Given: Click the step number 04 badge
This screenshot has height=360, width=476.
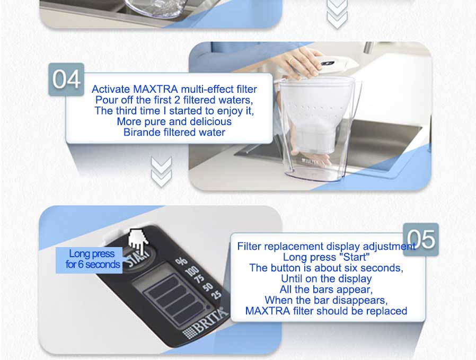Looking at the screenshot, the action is (66, 79).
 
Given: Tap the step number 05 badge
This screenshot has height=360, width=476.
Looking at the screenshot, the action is (421, 240).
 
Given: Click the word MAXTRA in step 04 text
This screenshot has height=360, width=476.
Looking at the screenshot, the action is (155, 89).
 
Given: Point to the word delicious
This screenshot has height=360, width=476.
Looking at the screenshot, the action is (209, 121).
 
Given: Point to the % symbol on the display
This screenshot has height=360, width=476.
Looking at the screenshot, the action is (181, 261).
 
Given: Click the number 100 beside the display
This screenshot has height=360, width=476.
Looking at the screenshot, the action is (192, 270).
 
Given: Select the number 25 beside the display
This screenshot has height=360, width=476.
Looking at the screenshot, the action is (216, 294).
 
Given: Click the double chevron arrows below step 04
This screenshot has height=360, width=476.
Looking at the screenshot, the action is (161, 171).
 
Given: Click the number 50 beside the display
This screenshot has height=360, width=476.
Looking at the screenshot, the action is (208, 286).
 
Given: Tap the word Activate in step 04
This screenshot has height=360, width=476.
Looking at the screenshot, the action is (111, 89).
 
